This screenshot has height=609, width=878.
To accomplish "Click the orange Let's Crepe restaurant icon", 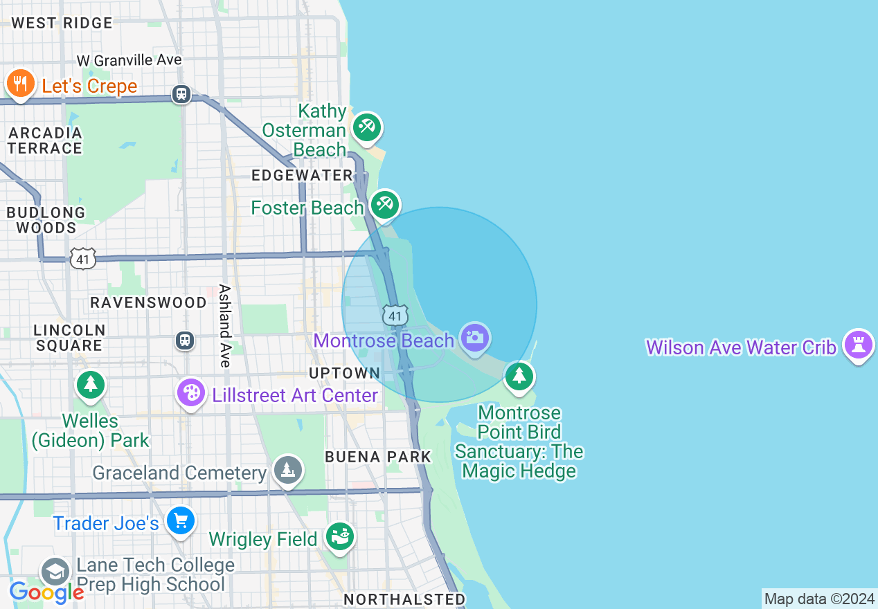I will tap(21, 84).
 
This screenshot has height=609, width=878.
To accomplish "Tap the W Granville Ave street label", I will tap(129, 60).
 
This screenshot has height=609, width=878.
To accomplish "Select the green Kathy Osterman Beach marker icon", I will tap(366, 127).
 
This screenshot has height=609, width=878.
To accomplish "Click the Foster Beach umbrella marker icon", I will tap(384, 204).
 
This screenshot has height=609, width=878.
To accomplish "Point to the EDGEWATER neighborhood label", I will tap(303, 175).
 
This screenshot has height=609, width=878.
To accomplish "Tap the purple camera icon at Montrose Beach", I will tap(475, 338).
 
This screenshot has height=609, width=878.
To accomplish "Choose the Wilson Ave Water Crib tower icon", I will tap(859, 344).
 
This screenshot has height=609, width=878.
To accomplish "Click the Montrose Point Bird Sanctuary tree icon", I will tap(519, 376).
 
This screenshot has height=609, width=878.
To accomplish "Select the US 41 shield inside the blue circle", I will tap(395, 316).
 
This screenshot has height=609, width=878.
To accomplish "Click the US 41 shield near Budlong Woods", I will tap(82, 259).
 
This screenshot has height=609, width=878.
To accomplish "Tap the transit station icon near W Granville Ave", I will tap(181, 93).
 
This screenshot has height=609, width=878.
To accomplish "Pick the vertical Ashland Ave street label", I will tap(224, 325).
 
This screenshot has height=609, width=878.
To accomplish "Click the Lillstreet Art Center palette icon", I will tap(191, 393).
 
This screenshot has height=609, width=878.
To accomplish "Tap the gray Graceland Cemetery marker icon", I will tap(287, 471).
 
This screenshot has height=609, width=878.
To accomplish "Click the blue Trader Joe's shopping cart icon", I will tap(181, 521).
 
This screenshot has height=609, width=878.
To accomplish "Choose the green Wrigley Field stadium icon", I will tap(339, 537).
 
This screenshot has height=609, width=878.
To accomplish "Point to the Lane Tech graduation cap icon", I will tap(55, 573).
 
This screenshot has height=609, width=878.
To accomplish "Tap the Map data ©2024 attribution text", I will tap(818, 599).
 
